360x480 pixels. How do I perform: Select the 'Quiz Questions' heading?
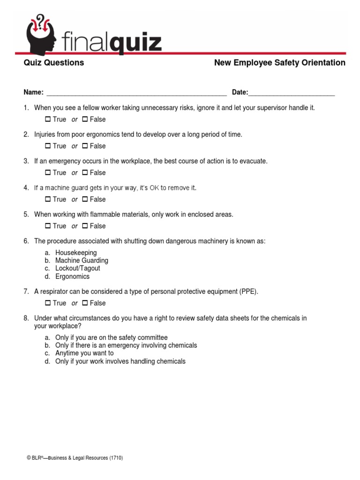(x=54, y=63)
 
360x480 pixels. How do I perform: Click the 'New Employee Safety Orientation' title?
(x=279, y=63)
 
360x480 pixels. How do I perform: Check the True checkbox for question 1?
(x=48, y=120)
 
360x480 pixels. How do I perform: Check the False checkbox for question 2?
(x=85, y=146)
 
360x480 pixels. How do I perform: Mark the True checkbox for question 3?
(x=48, y=173)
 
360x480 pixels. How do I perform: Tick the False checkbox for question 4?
(x=85, y=200)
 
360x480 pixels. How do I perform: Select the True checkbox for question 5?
(x=48, y=226)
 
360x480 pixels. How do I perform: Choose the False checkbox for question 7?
(x=85, y=303)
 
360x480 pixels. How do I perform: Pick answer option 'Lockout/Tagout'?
(x=77, y=269)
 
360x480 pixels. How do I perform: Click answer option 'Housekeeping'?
(x=76, y=253)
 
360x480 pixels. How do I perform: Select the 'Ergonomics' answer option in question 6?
(x=72, y=277)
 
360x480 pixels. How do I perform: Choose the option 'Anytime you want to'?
(x=84, y=353)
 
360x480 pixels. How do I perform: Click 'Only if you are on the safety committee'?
(x=111, y=337)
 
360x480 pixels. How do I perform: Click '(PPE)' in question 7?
(x=248, y=292)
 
